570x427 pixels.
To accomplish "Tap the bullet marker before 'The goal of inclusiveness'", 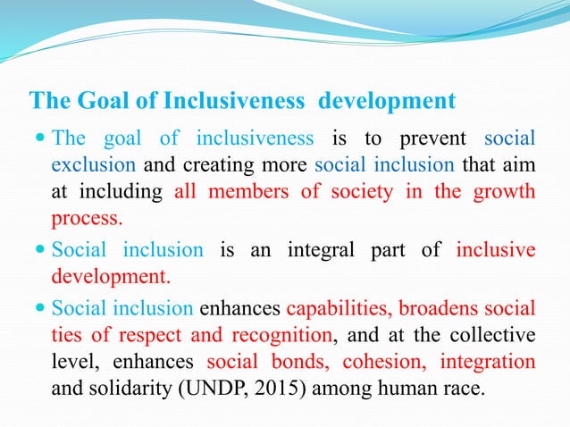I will point(42,138).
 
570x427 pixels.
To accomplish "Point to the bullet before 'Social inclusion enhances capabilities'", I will point(42,308).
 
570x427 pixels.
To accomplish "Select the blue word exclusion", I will point(93,164).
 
